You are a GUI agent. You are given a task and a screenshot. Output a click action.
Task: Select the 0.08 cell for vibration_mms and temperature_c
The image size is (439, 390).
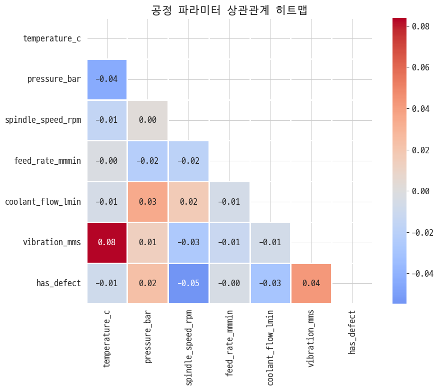tap(107, 243)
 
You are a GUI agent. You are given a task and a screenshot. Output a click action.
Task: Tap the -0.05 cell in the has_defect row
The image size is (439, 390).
tap(188, 284)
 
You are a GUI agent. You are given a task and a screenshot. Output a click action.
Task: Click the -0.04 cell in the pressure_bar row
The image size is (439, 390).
tap(107, 79)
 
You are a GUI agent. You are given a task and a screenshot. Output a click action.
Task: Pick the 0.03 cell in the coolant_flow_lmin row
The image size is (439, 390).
tap(147, 202)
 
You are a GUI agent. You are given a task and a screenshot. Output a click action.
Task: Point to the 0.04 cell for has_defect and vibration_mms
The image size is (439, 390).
tap(311, 284)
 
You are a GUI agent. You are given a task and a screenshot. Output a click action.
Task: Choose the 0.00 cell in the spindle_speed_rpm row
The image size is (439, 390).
tap(147, 120)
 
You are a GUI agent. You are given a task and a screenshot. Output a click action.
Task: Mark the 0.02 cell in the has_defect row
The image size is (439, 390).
tap(147, 284)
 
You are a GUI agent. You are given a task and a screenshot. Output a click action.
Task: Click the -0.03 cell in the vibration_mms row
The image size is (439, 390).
tap(188, 243)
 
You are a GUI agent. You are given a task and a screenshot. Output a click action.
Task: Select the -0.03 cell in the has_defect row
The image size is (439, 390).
tap(270, 284)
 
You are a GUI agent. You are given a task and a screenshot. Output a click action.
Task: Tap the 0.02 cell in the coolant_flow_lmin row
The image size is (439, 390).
tap(188, 202)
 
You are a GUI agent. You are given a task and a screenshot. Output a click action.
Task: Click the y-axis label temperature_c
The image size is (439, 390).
tap(52, 38)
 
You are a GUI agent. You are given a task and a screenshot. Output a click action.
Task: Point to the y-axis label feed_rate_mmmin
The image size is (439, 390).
tap(47, 161)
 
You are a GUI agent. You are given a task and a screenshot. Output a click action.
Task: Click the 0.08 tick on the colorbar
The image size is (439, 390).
tap(418, 26)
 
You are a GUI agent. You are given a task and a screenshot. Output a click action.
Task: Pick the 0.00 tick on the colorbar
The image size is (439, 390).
tap(418, 191)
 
